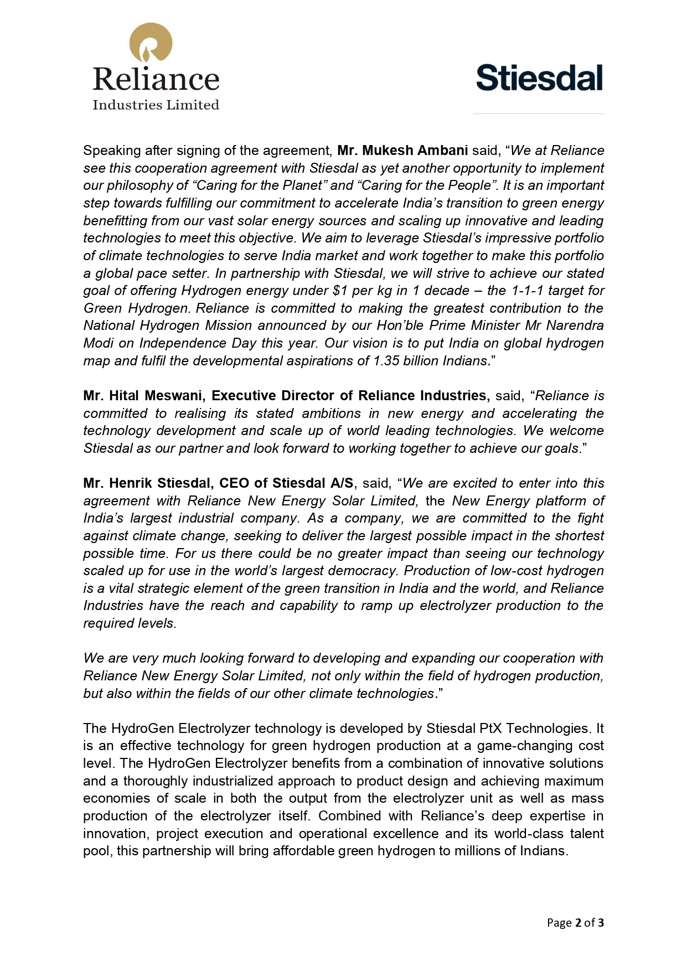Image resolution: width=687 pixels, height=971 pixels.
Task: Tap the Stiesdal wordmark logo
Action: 539,78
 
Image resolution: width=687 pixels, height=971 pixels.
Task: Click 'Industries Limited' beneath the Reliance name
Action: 156,105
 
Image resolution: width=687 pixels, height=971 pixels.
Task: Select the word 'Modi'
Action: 98,343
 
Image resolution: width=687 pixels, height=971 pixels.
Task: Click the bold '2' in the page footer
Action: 578,923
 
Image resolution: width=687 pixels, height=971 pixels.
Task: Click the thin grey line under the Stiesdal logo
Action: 538,114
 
